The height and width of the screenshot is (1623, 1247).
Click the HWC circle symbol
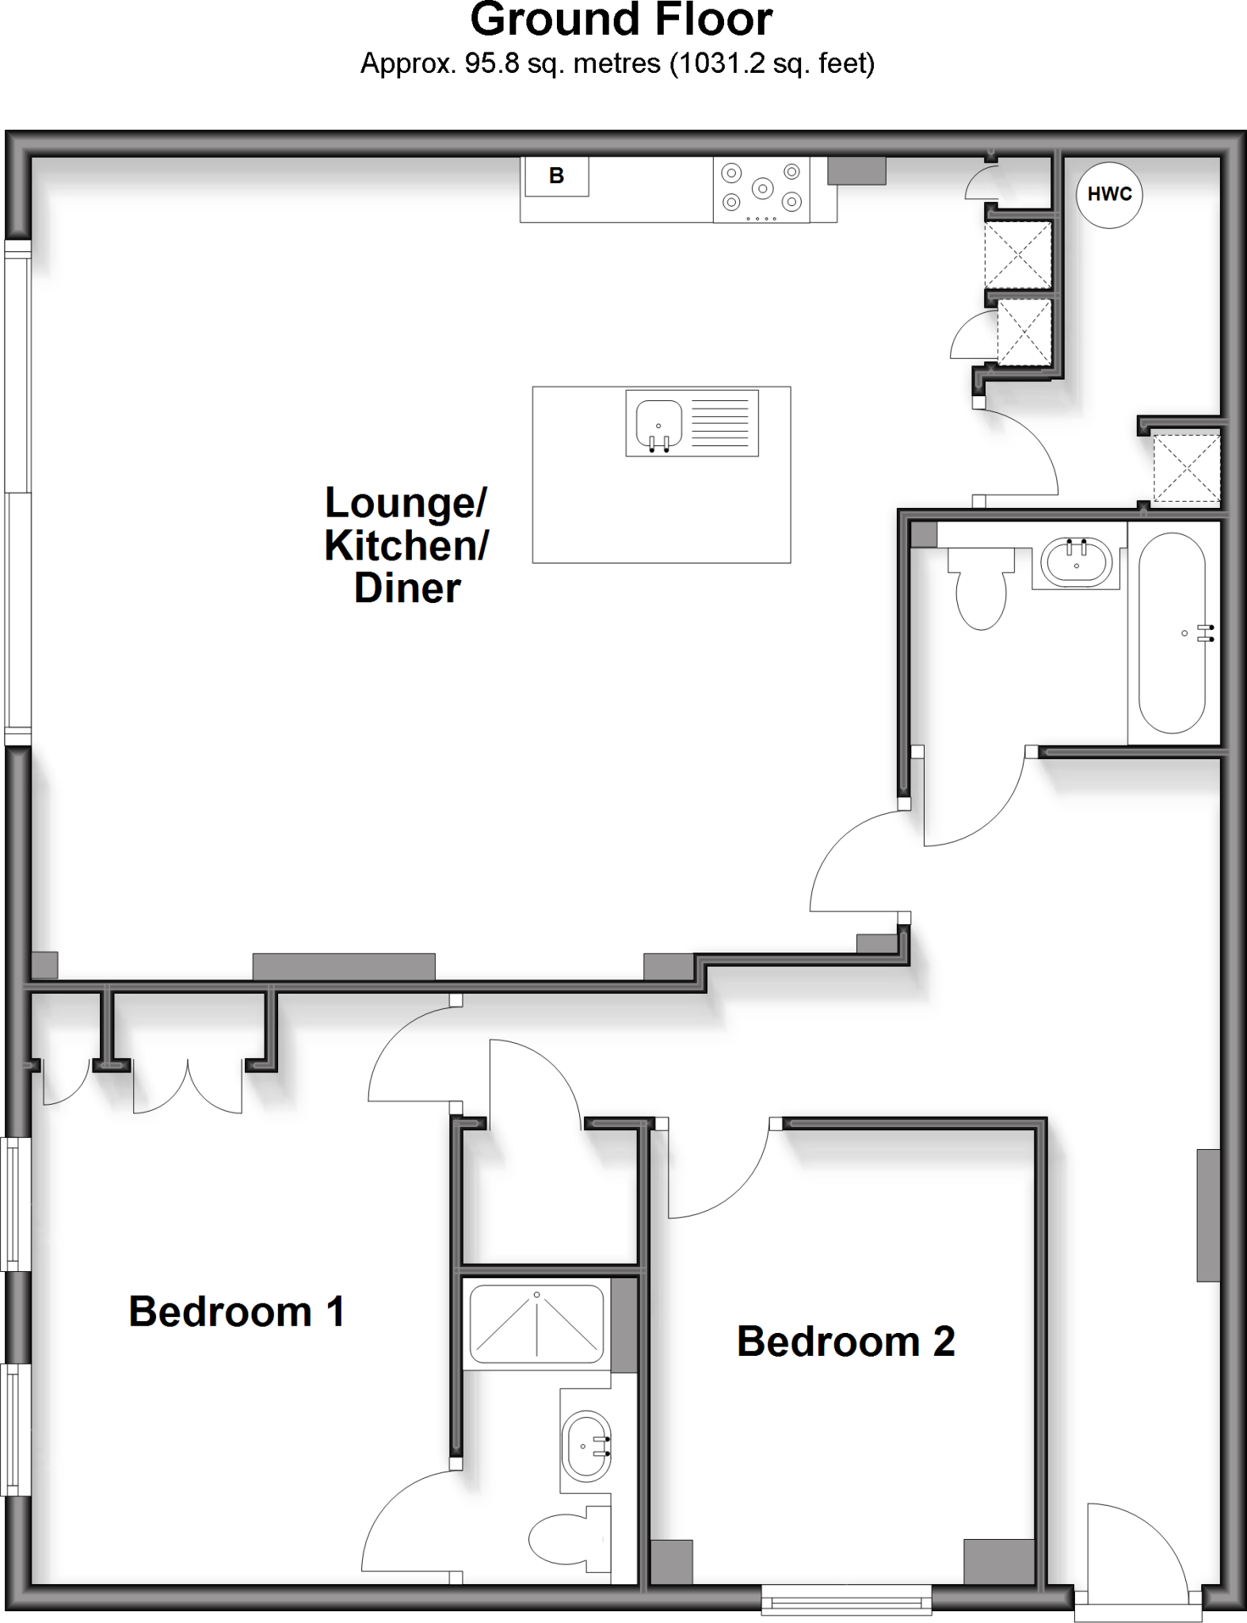pyautogui.click(x=1108, y=195)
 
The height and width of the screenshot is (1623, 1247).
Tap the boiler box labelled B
pyautogui.click(x=557, y=176)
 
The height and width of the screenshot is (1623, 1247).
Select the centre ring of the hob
pyautogui.click(x=762, y=189)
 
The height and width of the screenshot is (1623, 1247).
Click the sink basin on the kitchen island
pyautogui.click(x=658, y=424)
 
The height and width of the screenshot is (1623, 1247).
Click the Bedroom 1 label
pyautogui.click(x=236, y=1312)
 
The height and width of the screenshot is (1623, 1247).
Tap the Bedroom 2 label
pyautogui.click(x=845, y=1341)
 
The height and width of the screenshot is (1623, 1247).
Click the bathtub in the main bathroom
pyautogui.click(x=1173, y=633)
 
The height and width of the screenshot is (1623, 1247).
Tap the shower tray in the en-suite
pyautogui.click(x=536, y=1323)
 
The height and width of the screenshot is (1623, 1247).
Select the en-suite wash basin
pyautogui.click(x=585, y=1445)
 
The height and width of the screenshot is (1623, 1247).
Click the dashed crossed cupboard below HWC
pyautogui.click(x=1185, y=468)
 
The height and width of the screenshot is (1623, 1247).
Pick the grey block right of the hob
pyautogui.click(x=856, y=170)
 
